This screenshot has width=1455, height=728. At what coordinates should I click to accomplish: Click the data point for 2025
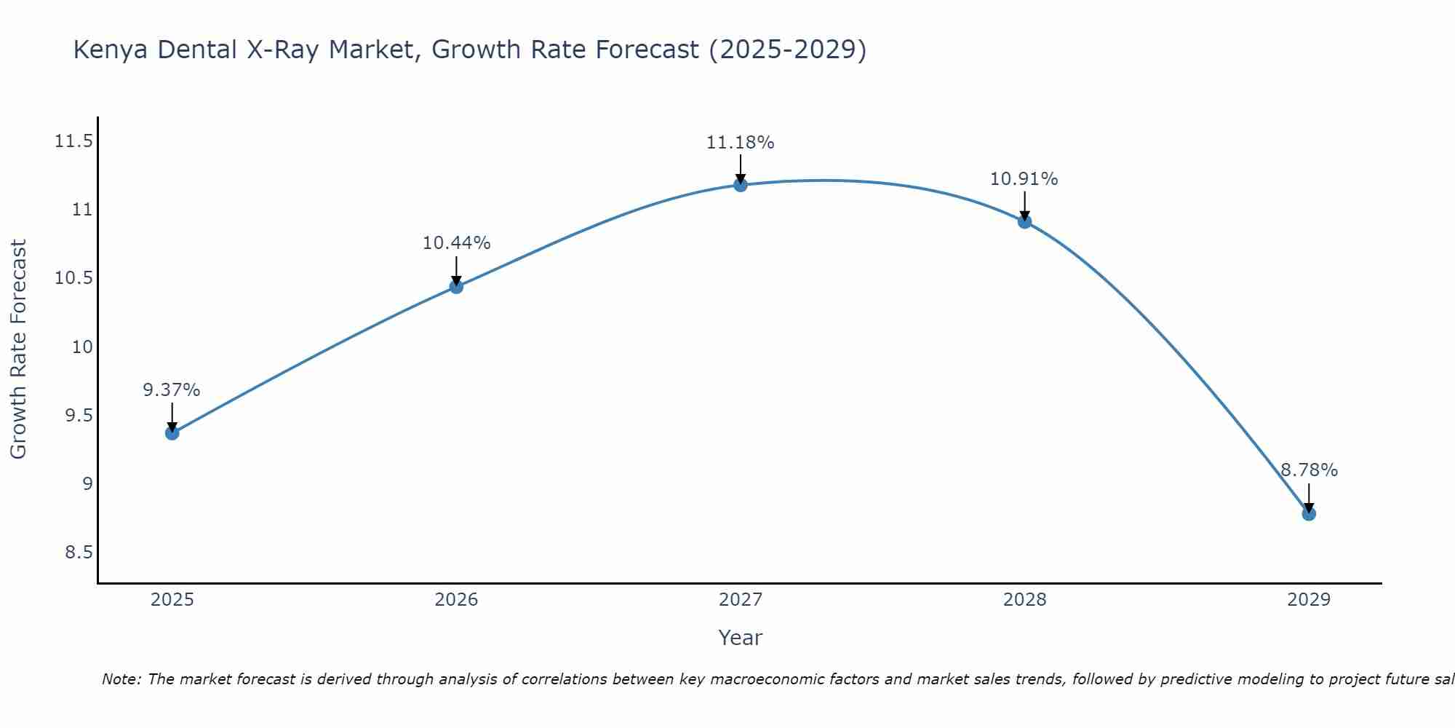tap(172, 433)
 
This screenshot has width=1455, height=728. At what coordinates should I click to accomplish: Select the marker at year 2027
tap(741, 185)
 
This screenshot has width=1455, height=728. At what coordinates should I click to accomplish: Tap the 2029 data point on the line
tap(1309, 514)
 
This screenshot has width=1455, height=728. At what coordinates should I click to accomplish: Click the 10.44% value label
tap(456, 243)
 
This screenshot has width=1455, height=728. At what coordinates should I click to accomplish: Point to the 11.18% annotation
tap(740, 143)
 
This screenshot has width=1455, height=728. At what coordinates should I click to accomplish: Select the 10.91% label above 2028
tap(1024, 179)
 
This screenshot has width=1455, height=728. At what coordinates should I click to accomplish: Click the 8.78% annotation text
tap(1309, 470)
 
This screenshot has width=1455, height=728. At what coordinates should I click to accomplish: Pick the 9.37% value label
tap(171, 390)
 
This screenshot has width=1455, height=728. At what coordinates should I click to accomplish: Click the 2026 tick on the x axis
tap(456, 600)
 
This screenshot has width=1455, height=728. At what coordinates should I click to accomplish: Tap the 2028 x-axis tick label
tap(1024, 600)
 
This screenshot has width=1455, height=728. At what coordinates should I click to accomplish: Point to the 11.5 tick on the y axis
tap(73, 141)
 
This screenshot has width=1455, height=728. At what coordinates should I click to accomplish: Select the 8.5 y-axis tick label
tap(79, 553)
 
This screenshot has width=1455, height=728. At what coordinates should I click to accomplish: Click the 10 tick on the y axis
tap(83, 347)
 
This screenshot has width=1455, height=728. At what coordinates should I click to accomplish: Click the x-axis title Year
tap(740, 638)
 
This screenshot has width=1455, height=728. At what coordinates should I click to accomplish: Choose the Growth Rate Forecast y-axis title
tap(18, 349)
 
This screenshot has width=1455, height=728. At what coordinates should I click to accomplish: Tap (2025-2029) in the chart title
tap(787, 50)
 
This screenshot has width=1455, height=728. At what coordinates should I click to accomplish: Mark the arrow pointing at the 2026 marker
tap(456, 272)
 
